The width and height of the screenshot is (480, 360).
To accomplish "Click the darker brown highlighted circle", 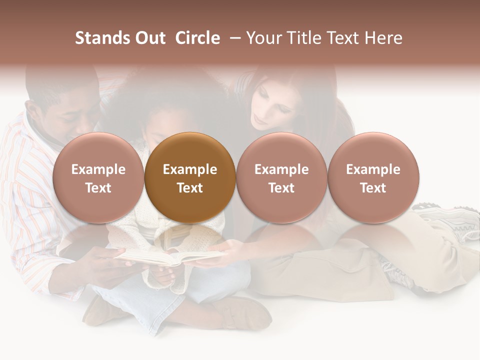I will coord(189,178).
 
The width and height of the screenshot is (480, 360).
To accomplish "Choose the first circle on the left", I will coord(98,178).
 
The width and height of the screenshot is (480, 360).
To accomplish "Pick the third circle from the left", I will coord(281,178).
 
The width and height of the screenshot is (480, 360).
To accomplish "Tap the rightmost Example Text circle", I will coord(373,178).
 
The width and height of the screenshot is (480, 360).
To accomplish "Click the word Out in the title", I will coord(148,38).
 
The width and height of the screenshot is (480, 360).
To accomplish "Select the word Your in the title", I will coord(263,38).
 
